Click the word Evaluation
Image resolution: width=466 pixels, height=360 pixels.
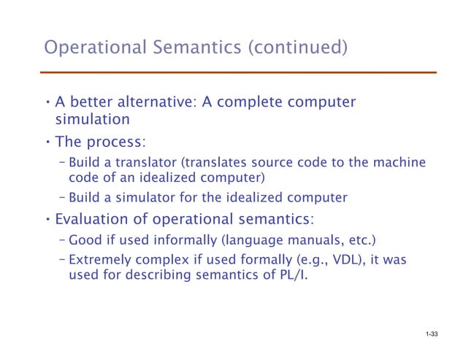pyautogui.click(x=96, y=219)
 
